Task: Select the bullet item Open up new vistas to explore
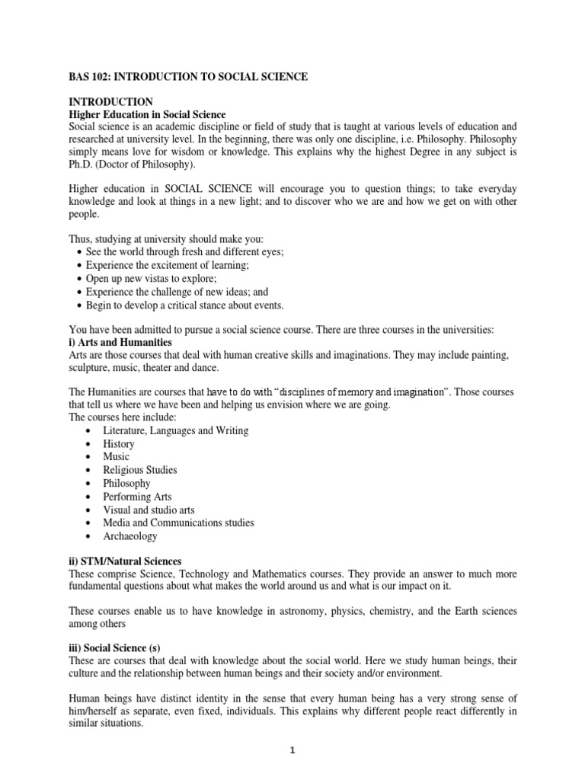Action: tap(152, 279)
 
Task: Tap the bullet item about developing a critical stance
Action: tap(184, 305)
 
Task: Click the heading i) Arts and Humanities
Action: tap(120, 344)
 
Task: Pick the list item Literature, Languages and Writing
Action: tap(176, 430)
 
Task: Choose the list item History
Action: tap(119, 444)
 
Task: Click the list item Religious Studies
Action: tap(140, 470)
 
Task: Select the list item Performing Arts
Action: tap(137, 497)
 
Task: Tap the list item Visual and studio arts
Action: tap(149, 510)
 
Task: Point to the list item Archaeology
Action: tap(130, 536)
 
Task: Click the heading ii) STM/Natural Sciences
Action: tap(125, 561)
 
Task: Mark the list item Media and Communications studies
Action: tap(178, 523)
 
